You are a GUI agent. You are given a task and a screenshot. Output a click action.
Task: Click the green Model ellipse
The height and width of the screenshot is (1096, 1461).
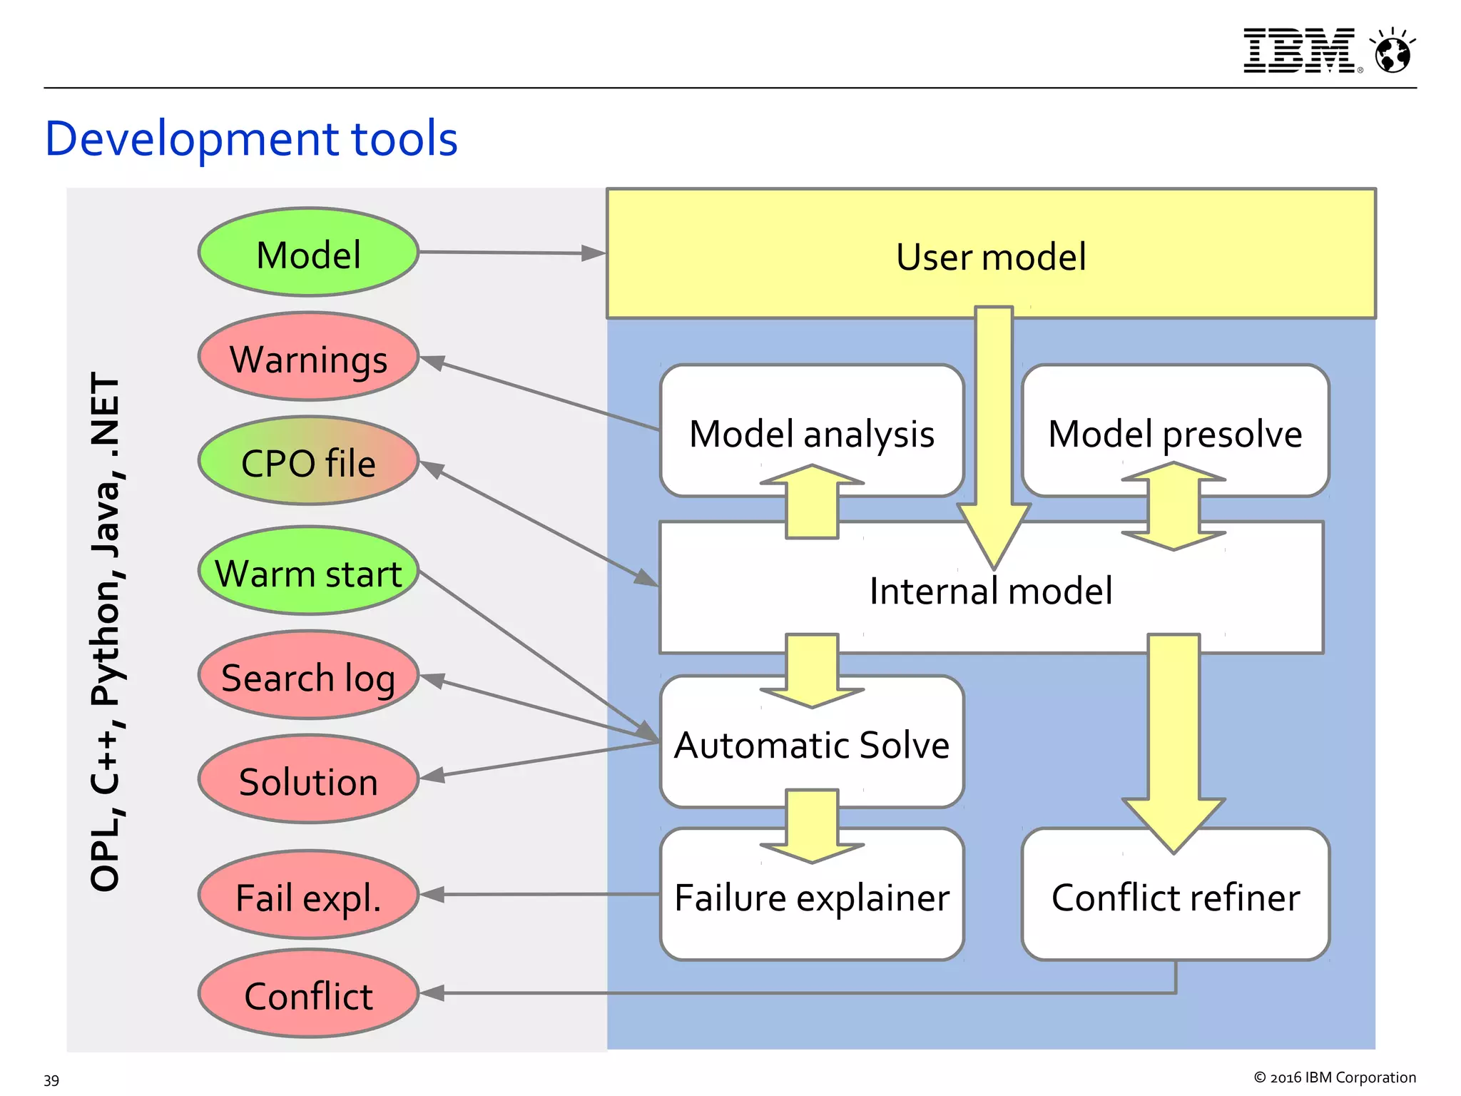(x=308, y=253)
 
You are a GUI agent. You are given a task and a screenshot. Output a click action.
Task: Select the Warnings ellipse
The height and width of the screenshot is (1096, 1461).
(x=308, y=357)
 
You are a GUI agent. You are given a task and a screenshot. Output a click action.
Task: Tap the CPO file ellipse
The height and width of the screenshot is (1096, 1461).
(x=308, y=462)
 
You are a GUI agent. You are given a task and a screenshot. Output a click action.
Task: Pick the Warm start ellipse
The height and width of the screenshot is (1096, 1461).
(x=308, y=572)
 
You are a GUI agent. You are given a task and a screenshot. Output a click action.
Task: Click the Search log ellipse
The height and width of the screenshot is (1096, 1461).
(x=308, y=676)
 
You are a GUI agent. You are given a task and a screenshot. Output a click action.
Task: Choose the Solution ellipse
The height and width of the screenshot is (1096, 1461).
(x=308, y=780)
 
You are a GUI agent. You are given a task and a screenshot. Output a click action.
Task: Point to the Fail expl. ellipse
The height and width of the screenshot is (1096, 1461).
(x=308, y=895)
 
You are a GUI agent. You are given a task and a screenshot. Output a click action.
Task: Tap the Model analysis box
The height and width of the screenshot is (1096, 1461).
(x=811, y=432)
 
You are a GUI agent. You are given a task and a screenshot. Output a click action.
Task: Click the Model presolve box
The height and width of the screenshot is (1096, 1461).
(x=1174, y=432)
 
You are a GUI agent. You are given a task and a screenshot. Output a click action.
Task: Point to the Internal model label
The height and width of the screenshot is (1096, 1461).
(x=990, y=591)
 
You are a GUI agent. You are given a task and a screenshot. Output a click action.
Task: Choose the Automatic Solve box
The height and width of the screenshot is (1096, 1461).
(x=811, y=744)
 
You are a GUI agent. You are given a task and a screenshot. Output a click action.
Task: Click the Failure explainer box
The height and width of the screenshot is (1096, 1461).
(x=811, y=897)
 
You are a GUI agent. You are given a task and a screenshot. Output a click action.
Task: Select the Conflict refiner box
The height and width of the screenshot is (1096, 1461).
(x=1174, y=897)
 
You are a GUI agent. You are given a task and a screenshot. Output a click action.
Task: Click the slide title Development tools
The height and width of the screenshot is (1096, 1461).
(x=251, y=138)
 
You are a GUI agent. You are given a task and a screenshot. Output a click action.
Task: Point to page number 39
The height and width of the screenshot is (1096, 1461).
(x=51, y=1080)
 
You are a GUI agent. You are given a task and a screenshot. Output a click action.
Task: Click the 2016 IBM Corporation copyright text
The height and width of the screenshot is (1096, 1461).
(x=1335, y=1077)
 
